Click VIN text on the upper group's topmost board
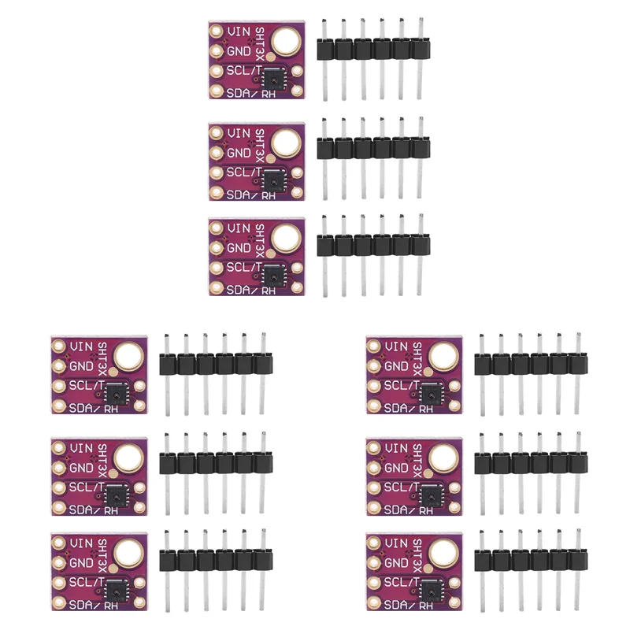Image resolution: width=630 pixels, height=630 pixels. (x=239, y=31)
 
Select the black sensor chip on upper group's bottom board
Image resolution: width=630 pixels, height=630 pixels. (x=272, y=276)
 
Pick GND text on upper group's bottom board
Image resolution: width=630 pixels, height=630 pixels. (x=239, y=249)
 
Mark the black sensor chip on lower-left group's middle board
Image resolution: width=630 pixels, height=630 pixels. (x=115, y=494)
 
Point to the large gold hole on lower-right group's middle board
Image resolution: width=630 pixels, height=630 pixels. (x=443, y=458)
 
